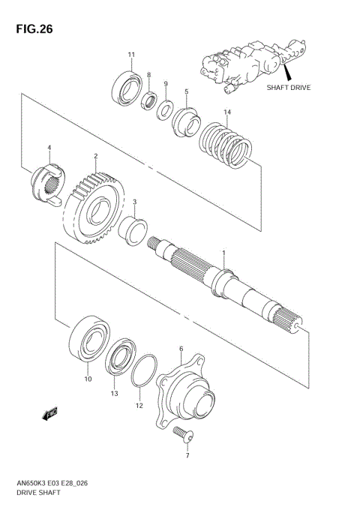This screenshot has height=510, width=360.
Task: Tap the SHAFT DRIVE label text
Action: [289, 87]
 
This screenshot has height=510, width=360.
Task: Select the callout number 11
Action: [131, 55]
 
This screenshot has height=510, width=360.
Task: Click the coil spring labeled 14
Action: [225, 145]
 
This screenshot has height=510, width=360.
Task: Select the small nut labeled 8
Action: [151, 97]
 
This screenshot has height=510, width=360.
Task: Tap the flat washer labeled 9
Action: [165, 110]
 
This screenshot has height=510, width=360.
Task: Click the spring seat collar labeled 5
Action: [185, 120]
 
